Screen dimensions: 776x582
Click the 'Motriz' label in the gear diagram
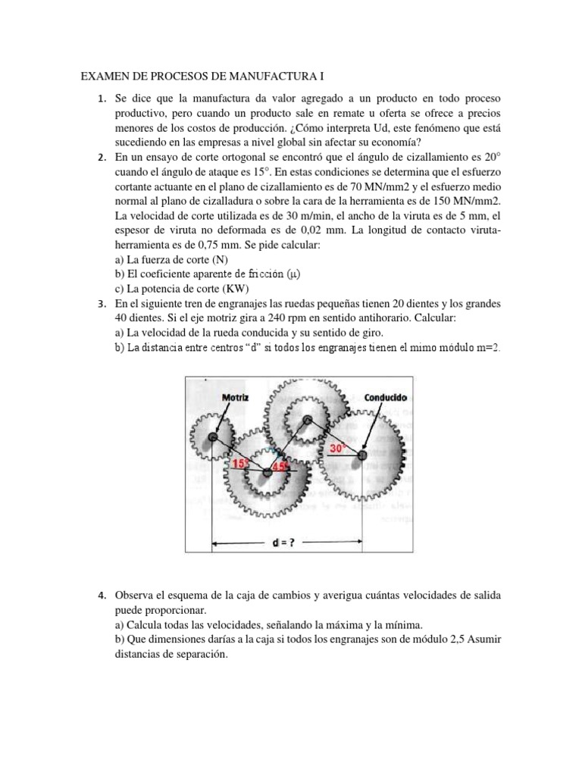pos(236,397)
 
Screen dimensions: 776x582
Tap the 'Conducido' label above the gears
pos(385,397)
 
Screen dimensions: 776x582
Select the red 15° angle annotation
pos(240,463)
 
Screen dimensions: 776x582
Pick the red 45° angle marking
pos(282,467)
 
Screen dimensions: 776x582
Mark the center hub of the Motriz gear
pos(213,438)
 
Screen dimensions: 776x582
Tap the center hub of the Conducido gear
pos(361,454)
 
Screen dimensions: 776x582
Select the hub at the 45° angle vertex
pos(267,472)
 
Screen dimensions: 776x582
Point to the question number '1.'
pos(102,100)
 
